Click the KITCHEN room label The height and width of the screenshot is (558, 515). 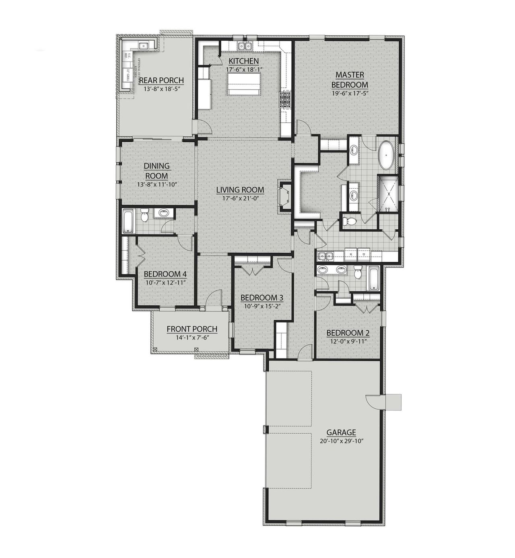click(243, 61)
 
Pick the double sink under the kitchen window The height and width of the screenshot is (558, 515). click(244, 47)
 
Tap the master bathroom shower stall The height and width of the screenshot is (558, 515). click(388, 193)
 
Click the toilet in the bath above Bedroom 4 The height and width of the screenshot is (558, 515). click(145, 216)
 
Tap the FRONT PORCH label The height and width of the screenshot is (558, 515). click(192, 329)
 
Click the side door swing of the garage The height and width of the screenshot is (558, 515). click(372, 402)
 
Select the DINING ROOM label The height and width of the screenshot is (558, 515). click(157, 171)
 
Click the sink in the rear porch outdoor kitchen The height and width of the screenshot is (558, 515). click(143, 45)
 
